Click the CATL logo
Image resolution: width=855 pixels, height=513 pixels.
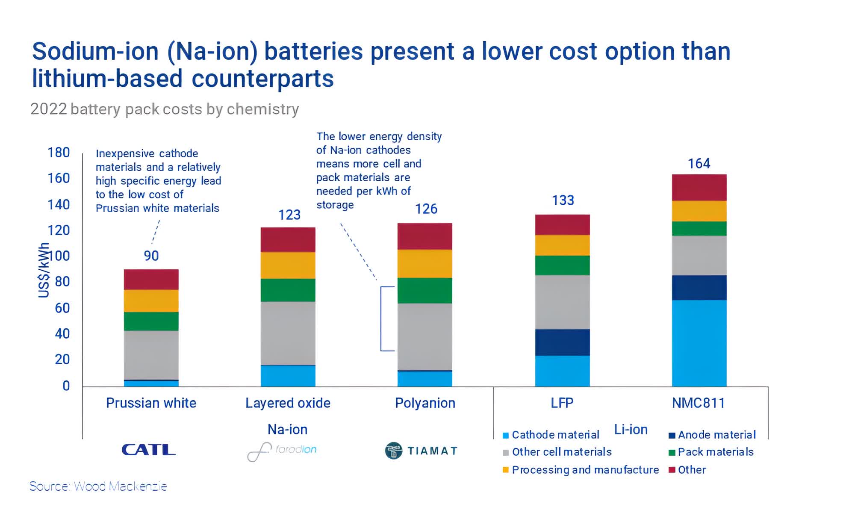point(148,450)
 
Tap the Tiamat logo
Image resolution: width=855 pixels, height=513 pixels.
point(421,451)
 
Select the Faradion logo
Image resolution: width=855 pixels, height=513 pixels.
point(282,451)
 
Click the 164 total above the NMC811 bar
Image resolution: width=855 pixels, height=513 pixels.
point(699,163)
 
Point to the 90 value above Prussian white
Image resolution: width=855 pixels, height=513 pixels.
point(151,256)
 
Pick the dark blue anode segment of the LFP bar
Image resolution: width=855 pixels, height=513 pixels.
point(562,342)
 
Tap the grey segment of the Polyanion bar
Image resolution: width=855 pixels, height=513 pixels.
point(425,336)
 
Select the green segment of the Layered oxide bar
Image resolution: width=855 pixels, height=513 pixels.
point(288,290)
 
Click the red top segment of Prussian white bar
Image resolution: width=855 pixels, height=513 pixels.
point(151,279)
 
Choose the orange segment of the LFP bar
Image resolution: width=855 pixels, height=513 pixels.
point(562,245)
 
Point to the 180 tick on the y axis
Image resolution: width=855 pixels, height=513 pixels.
point(59,153)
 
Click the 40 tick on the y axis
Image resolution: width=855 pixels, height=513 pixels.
point(62,333)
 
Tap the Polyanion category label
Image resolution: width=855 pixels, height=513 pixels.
point(425,403)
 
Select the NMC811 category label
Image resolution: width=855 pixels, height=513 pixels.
point(698,403)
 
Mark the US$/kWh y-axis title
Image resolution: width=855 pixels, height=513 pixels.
point(44,270)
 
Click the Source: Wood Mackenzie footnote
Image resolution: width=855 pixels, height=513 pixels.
point(98,486)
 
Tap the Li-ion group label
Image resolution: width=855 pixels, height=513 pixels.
point(631,429)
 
